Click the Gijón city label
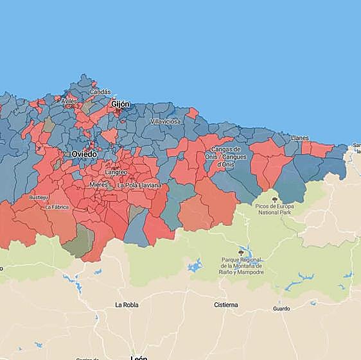click(120, 104)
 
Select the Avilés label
click(69, 102)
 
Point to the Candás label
click(100, 92)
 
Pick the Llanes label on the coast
click(299, 138)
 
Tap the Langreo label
click(116, 173)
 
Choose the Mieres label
click(98, 184)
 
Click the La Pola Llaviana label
click(139, 185)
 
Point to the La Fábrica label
click(57, 207)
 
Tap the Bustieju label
click(39, 198)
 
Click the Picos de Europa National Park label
click(275, 209)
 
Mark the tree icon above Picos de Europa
click(275, 200)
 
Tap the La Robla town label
click(127, 304)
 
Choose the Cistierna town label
click(226, 304)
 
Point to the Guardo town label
click(281, 309)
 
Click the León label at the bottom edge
click(139, 357)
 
